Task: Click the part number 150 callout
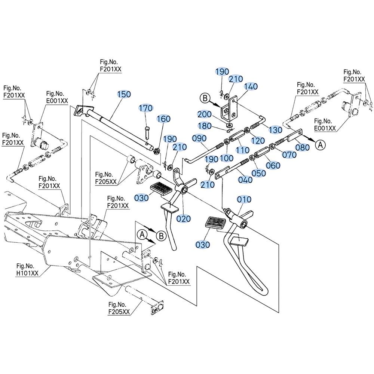click(x=124, y=94)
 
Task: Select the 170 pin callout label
click(x=146, y=108)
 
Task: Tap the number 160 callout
click(x=163, y=119)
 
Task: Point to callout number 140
click(x=251, y=86)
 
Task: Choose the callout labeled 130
click(x=275, y=130)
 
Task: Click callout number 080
click(x=303, y=147)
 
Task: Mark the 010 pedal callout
click(x=244, y=199)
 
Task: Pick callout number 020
click(x=183, y=218)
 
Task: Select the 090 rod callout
click(x=199, y=138)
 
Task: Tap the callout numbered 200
click(x=205, y=114)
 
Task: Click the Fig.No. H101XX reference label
click(x=27, y=270)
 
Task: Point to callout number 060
click(x=273, y=165)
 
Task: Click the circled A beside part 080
click(x=320, y=144)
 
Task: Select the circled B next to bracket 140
click(x=205, y=98)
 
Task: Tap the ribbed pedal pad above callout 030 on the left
click(x=161, y=188)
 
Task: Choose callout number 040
click(x=245, y=180)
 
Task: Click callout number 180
click(x=205, y=126)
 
